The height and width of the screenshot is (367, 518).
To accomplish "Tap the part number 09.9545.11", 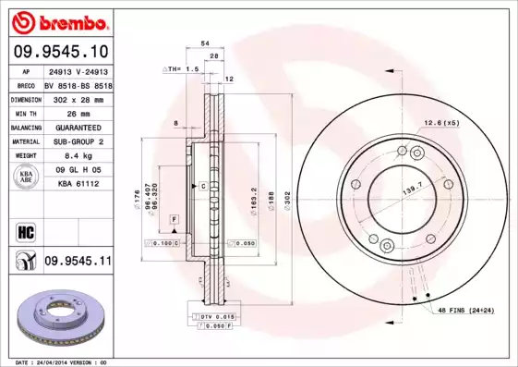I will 78,263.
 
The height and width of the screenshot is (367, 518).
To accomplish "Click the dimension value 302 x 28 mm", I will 78,97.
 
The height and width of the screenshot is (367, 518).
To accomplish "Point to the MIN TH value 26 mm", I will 78,112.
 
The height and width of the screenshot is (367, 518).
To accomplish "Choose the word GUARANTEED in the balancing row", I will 78,127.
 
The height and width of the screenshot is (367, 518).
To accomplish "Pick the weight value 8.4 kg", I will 78,156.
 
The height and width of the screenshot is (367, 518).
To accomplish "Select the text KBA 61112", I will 78,185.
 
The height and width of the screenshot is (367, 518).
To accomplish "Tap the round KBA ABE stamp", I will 25,178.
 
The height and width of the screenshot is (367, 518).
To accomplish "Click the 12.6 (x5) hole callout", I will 441,123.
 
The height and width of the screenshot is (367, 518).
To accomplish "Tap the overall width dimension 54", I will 205,43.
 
